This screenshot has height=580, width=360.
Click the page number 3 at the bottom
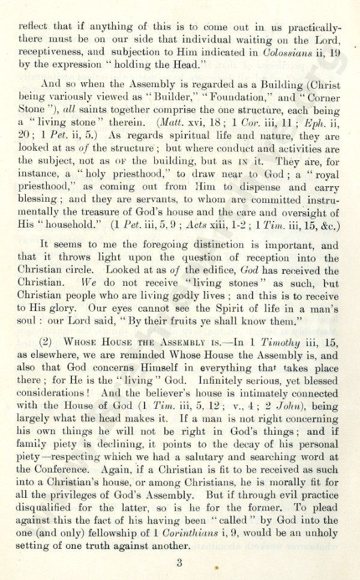[x=179, y=563]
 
